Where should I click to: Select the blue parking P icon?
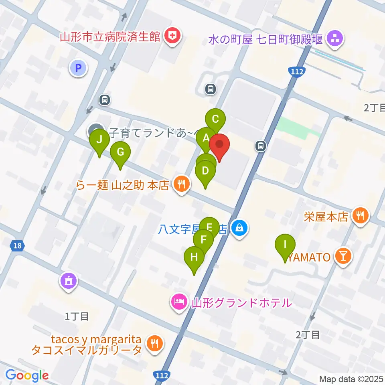[x=79, y=68]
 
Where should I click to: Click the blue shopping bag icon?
[x=239, y=229]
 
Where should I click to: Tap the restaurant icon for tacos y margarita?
[x=154, y=344]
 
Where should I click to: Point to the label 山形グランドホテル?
[x=241, y=302]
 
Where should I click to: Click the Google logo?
[x=27, y=375]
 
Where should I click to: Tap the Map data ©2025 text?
[x=351, y=378]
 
